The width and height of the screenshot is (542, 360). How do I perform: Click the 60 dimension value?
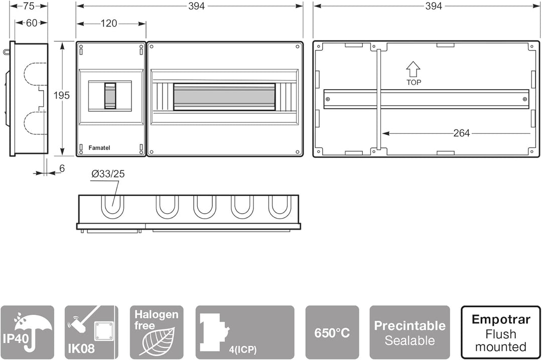32,23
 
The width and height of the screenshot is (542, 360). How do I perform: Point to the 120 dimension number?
109,23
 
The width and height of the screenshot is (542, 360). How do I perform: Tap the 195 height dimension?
62,95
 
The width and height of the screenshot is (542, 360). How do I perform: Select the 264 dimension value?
462,133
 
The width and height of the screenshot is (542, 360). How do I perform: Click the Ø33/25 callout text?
108,174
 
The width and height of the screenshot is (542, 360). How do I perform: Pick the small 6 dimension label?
62,168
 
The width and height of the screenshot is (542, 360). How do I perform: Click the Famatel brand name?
99,148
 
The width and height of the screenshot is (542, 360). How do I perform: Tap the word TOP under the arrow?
414,82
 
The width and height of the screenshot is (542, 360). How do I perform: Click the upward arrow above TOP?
413,69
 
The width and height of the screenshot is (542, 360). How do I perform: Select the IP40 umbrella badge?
27,332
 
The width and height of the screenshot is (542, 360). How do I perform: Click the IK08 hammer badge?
91,332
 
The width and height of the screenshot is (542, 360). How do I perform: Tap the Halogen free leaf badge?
157,332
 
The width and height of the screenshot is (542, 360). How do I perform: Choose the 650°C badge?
332,332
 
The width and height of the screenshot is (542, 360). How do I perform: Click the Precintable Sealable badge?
410,332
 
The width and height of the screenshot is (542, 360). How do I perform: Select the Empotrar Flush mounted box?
501,332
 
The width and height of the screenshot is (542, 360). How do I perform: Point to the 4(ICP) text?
243,349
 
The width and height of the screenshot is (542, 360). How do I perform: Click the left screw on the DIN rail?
328,99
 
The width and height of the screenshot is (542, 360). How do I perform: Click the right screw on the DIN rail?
525,99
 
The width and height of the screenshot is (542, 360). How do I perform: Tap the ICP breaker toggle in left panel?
110,96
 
